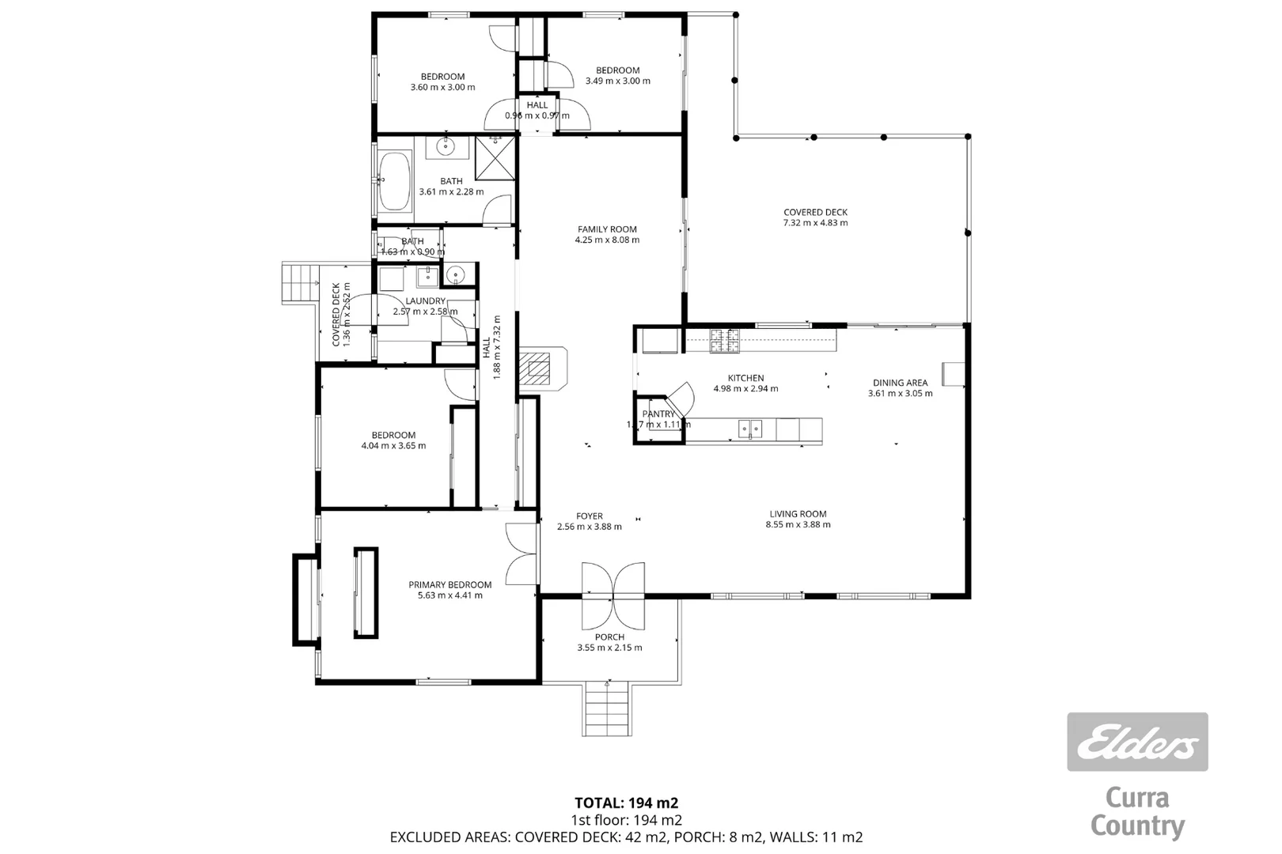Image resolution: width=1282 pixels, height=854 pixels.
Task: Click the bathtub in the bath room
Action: tap(394, 181)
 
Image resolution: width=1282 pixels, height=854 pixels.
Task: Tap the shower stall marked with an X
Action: tap(495, 159)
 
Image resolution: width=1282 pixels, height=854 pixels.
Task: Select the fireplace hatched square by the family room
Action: tap(539, 368)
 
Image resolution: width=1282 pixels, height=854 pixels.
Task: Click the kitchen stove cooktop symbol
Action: tap(724, 341)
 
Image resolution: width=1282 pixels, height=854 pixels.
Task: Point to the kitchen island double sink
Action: tap(750, 429)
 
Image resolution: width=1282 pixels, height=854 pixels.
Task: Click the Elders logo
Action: tap(1137, 742)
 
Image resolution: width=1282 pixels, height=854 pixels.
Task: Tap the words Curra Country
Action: tap(1137, 812)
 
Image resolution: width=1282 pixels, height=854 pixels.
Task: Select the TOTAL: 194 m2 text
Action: tap(626, 803)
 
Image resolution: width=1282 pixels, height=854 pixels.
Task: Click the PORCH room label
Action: tap(609, 637)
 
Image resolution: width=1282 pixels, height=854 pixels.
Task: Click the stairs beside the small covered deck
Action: tap(299, 283)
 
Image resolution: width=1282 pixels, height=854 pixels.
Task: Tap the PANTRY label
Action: tap(658, 414)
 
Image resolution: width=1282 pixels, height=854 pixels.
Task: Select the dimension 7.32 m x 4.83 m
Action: tap(815, 223)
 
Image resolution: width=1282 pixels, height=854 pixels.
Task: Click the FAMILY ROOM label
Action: tap(607, 229)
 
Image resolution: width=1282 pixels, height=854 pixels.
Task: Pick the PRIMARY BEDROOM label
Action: tap(449, 585)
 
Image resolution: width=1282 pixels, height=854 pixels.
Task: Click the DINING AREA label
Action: tap(900, 383)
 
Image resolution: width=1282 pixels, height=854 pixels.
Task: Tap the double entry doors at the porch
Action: tap(613, 593)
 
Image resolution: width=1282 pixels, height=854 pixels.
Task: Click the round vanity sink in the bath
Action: tap(445, 145)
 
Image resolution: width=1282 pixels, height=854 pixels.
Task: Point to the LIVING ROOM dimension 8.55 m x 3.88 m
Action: tap(798, 524)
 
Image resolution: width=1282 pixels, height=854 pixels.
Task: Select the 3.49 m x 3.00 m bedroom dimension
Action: tap(617, 81)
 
